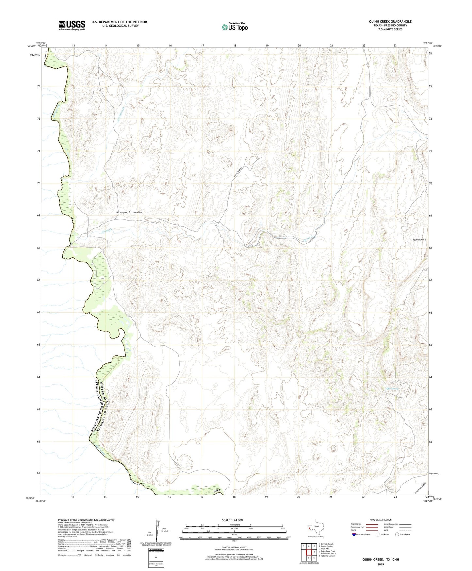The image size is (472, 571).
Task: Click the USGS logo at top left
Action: (72, 25)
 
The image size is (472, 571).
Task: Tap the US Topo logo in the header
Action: (235, 27)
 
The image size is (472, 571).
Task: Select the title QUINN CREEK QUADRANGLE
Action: (390, 22)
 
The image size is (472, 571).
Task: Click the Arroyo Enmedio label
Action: (129, 213)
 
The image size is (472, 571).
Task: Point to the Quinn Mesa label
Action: (419, 240)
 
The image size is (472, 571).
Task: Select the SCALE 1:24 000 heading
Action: (232, 520)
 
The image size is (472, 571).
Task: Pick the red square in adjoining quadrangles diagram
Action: (308, 552)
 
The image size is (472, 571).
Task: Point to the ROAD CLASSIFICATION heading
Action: (381, 520)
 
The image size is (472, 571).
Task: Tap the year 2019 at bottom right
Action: (380, 564)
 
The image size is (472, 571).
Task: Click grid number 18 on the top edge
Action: (235, 45)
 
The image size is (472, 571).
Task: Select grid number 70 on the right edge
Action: (431, 183)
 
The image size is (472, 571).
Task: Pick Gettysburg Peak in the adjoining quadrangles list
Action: (327, 551)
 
